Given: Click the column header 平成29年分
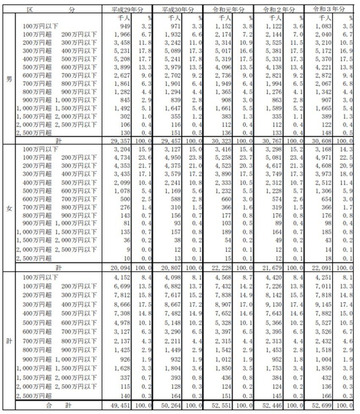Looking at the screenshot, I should pos(126,9).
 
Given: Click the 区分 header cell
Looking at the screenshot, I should pos(51,9).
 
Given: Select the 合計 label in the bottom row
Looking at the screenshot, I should pos(59,406).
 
